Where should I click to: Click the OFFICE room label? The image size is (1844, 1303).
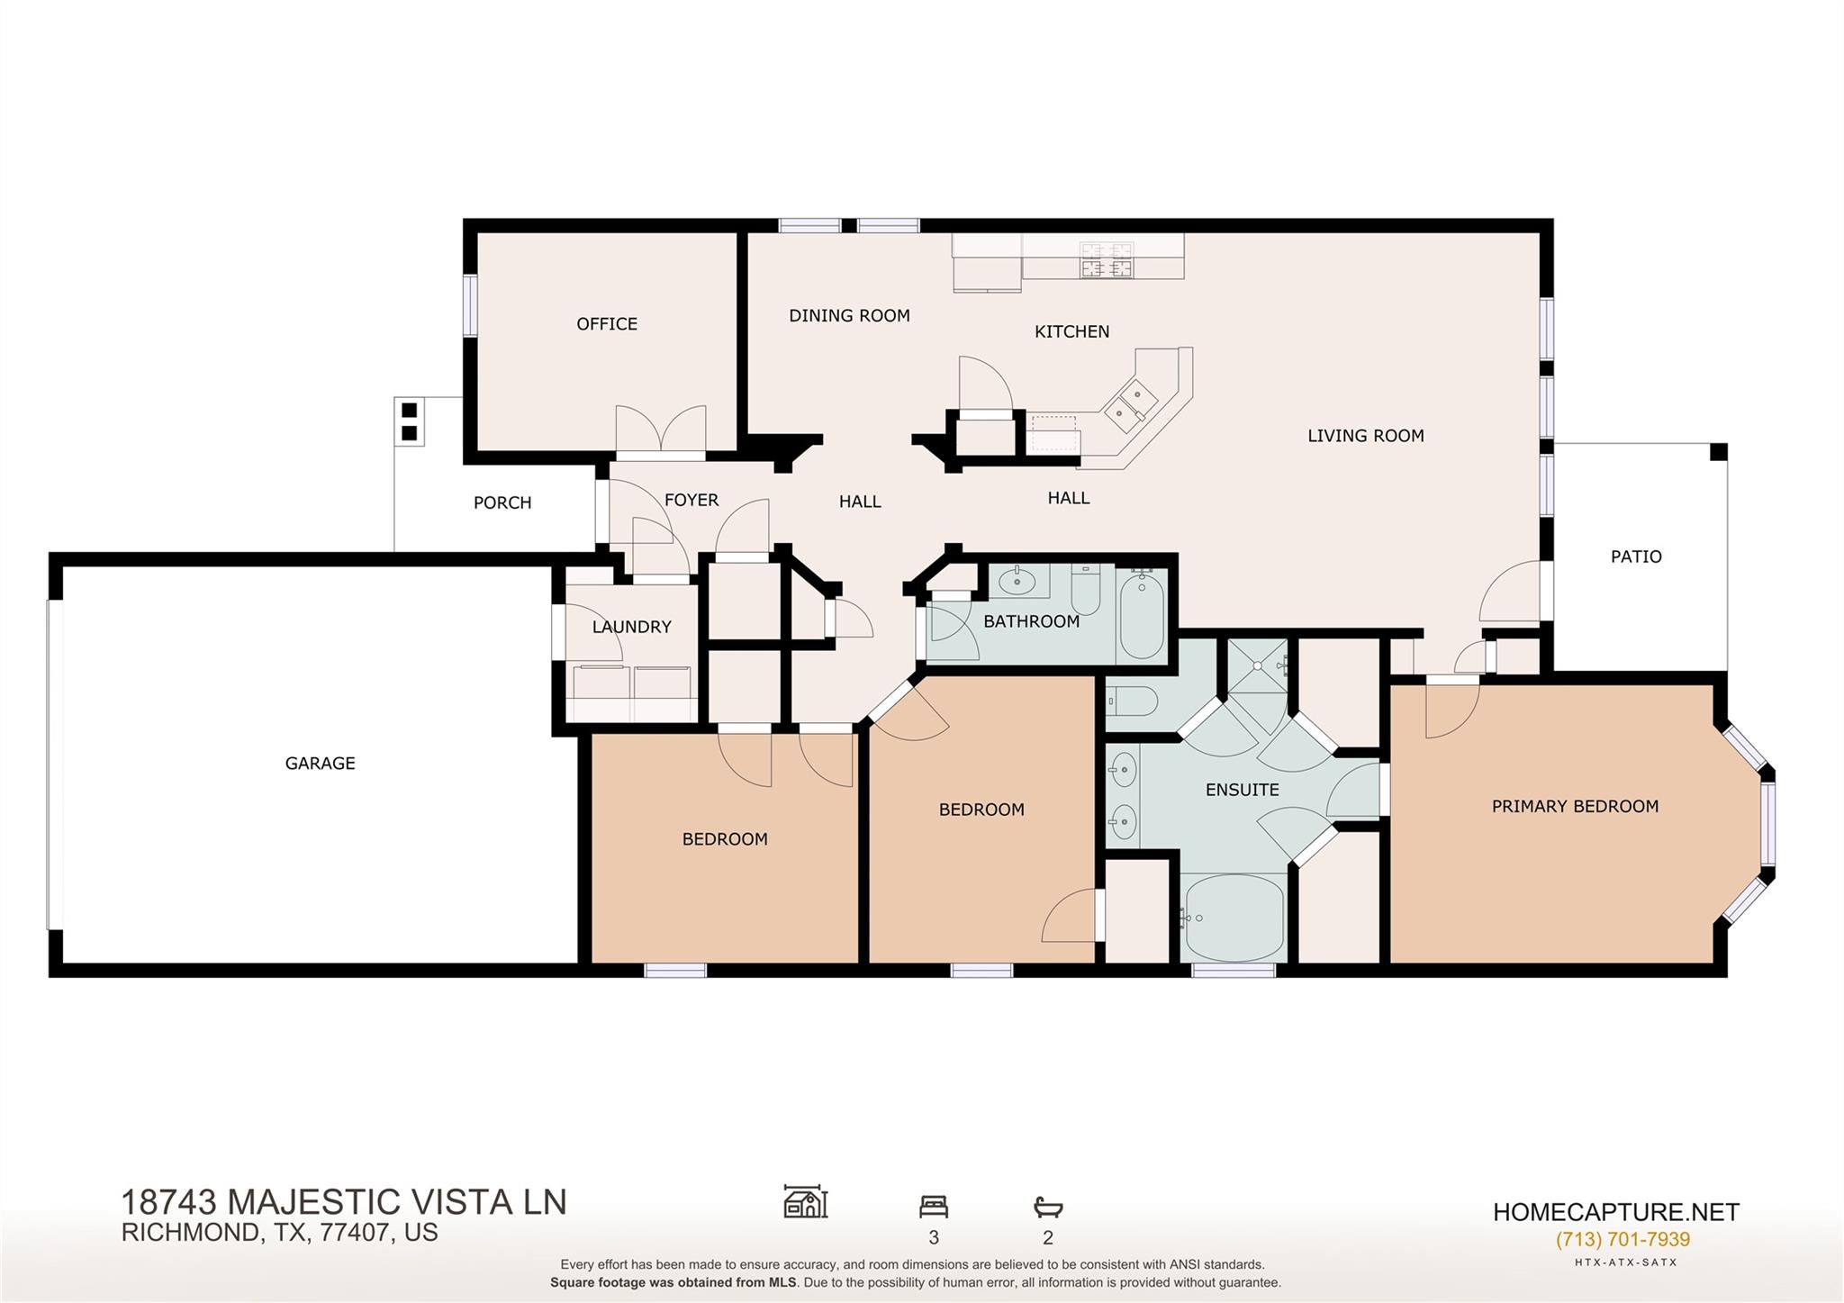click(607, 324)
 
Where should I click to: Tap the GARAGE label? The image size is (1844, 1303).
click(320, 764)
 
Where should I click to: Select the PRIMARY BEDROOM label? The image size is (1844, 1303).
click(1575, 807)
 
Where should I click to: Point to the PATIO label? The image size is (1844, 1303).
click(1636, 556)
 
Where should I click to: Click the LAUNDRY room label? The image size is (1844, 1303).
click(631, 628)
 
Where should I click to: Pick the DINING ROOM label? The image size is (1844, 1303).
click(849, 316)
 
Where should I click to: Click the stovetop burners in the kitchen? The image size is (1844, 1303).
click(1107, 259)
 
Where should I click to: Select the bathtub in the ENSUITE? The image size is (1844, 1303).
click(1234, 918)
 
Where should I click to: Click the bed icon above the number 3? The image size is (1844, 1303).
click(934, 1206)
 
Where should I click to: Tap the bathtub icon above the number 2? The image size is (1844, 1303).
click(1048, 1206)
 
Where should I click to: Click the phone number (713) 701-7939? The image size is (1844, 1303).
click(1623, 1239)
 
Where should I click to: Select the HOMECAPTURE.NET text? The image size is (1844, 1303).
click(1615, 1212)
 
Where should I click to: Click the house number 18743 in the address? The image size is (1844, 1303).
click(168, 1203)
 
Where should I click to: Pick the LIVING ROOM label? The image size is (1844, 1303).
click(1365, 436)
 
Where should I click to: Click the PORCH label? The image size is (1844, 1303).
click(502, 503)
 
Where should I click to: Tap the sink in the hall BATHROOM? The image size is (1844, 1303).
click(1018, 581)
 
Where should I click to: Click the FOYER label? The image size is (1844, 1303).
click(691, 501)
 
